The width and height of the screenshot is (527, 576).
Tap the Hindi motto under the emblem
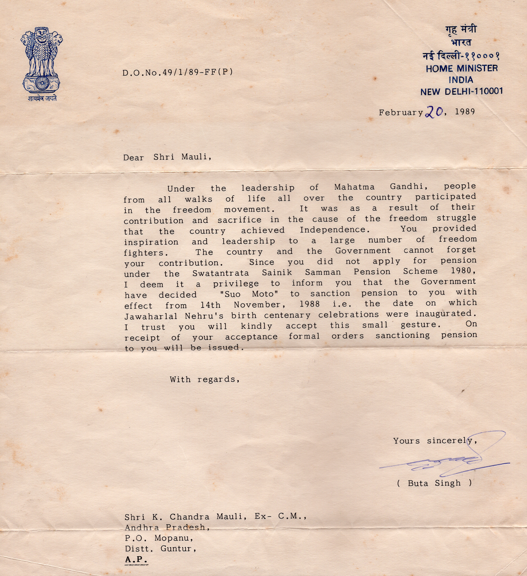coord(42,98)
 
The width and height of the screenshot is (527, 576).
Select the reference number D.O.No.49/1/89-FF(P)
coord(178,72)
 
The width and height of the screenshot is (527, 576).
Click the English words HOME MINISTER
coord(462,68)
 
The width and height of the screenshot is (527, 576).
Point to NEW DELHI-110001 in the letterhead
coord(462,92)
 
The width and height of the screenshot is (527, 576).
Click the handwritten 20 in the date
coord(434,112)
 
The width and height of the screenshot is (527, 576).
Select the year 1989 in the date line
coord(465,112)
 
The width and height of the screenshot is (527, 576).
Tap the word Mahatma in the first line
coord(354,187)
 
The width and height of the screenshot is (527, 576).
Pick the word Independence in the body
coord(333,229)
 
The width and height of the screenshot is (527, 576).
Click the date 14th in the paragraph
coord(210,305)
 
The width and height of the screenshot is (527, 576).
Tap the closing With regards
coord(205,379)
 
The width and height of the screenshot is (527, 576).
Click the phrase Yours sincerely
coord(435,441)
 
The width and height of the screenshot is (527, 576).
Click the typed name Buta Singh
coord(434,483)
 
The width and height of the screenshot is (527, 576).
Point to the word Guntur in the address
coord(178,549)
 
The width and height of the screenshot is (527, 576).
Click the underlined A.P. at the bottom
coord(136,559)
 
